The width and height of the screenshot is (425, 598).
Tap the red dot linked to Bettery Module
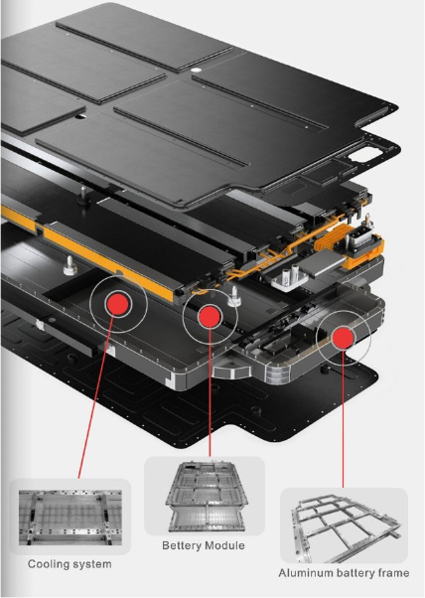(210, 317)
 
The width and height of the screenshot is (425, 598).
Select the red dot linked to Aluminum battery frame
(343, 337)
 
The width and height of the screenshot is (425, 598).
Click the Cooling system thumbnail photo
(71, 518)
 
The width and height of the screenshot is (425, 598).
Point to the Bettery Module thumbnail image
(205, 496)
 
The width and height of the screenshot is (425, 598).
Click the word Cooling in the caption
(48, 564)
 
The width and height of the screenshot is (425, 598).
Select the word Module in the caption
(225, 545)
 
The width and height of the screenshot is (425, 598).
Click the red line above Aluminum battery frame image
(343, 418)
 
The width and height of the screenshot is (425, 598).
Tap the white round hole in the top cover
(196, 71)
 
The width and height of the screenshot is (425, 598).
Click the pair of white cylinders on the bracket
(291, 274)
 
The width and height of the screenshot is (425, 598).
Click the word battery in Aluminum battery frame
(354, 573)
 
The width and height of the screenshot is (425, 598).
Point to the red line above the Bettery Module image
(210, 392)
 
